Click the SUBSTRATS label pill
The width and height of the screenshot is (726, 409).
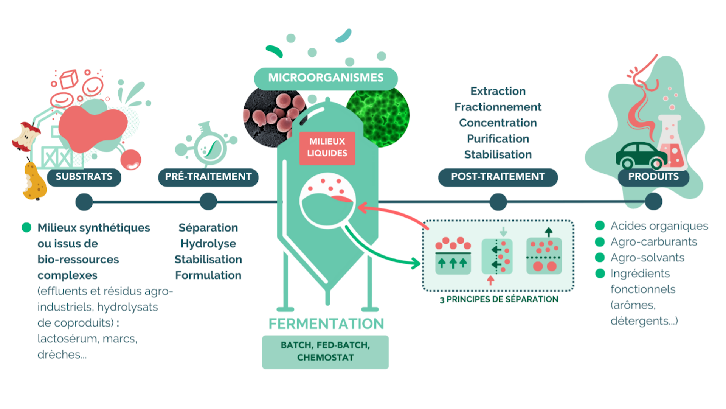point(84,177)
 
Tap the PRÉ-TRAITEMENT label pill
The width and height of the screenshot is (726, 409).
point(208,177)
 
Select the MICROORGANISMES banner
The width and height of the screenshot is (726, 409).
point(326,78)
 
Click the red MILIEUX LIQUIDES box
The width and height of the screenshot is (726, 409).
point(327,148)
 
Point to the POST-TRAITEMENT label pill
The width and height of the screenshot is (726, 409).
point(498,177)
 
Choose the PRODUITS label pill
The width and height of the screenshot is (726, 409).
point(653,177)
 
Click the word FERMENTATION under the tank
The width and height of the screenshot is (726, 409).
point(326,324)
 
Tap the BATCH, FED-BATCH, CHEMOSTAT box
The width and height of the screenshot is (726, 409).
point(326,351)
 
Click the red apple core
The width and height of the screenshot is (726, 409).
point(25,136)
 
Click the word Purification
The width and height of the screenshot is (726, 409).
point(498,139)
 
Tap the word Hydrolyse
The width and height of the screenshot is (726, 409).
point(208,244)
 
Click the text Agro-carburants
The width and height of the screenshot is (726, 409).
point(653,242)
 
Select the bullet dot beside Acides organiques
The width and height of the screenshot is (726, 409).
point(600,226)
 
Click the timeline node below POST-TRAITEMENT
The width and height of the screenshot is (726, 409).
point(498,202)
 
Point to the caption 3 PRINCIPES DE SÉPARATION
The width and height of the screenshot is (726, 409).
point(499,299)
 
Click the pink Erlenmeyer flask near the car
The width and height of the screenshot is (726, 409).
point(672,144)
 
